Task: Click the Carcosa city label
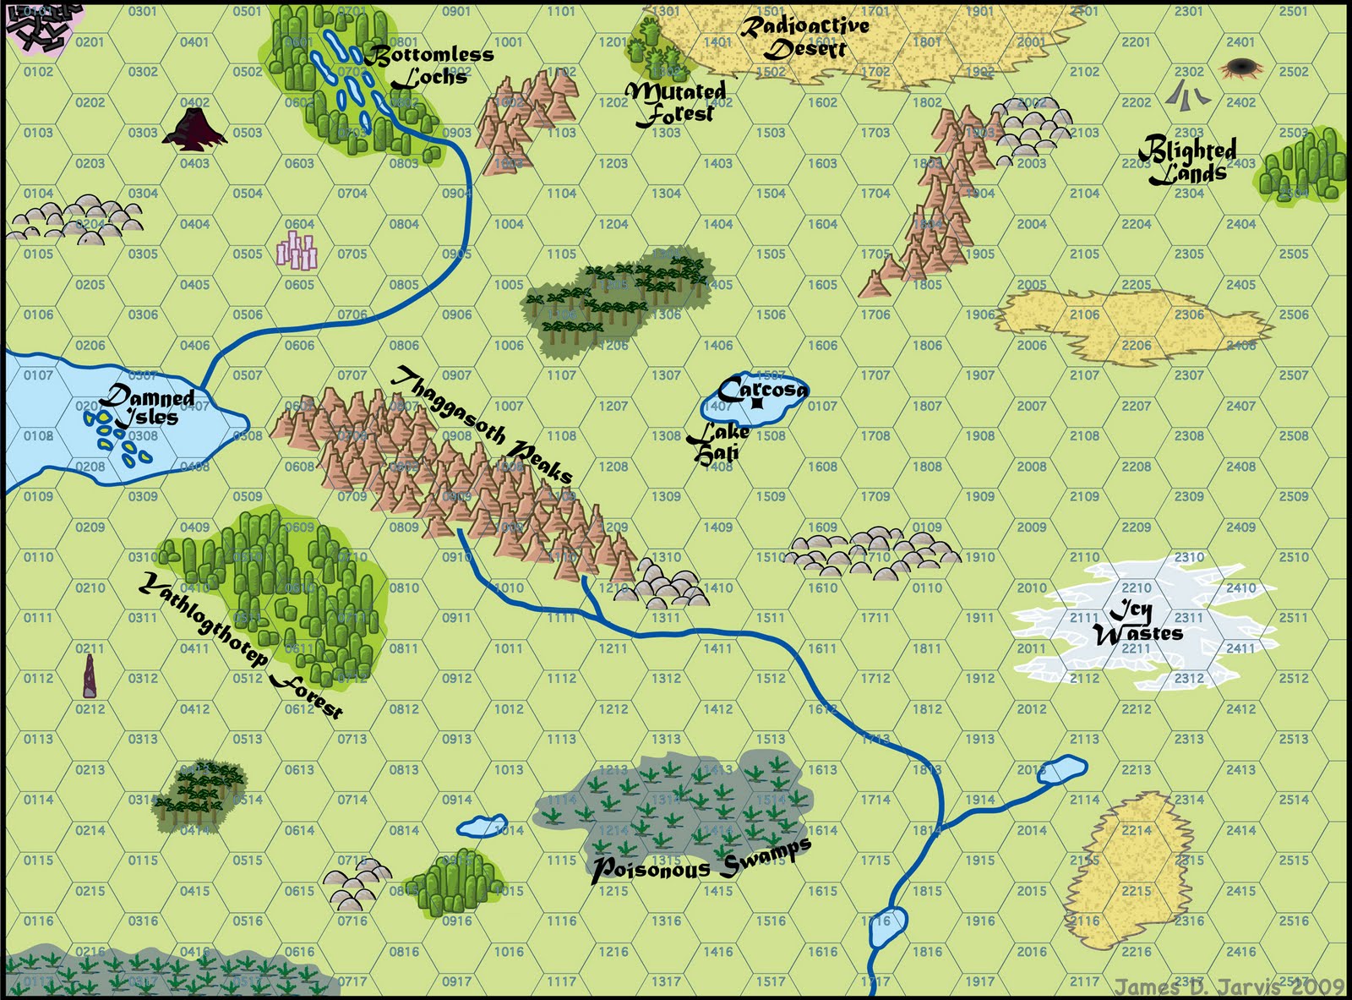762,390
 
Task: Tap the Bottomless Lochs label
429,66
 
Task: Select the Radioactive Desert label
804,37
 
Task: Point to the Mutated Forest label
676,102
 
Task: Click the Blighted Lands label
1187,161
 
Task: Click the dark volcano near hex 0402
194,130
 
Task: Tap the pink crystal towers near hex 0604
297,250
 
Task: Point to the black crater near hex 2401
1240,67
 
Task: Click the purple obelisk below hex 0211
90,676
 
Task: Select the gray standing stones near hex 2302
1187,93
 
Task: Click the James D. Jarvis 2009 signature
1229,986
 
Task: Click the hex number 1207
613,406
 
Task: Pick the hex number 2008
1031,467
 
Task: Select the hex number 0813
404,769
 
